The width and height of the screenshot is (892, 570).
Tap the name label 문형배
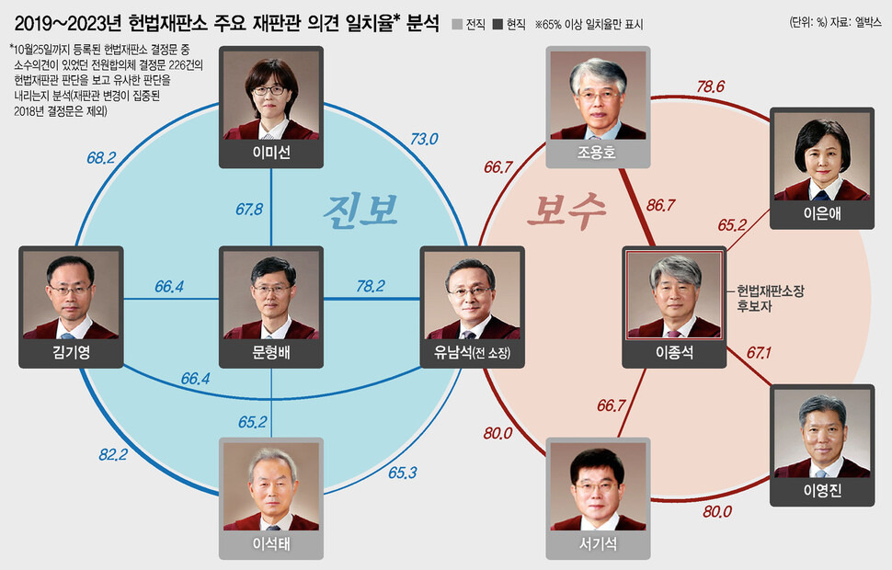(x=271, y=354)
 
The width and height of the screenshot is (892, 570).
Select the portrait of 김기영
(x=71, y=296)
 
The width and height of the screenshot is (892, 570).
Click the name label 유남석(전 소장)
(x=471, y=354)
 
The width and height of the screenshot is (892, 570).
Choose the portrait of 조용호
(x=598, y=95)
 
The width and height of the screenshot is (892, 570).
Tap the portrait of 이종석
(x=673, y=296)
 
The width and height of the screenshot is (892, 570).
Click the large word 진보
(x=360, y=210)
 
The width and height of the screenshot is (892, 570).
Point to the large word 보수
(x=566, y=211)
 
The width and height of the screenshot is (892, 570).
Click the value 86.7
(x=662, y=204)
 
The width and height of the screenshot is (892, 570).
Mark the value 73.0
(x=423, y=140)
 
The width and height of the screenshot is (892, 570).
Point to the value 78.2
(x=370, y=287)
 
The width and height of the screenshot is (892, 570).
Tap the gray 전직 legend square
(x=458, y=20)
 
